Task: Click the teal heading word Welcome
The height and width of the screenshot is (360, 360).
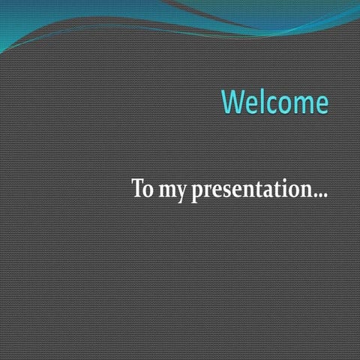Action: pos(275,102)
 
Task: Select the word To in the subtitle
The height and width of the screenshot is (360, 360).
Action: pos(142,188)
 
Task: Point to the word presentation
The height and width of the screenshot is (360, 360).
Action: pos(250,190)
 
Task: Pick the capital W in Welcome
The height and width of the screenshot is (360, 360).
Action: pos(235,102)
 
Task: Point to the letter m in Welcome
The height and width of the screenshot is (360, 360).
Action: pos(302,104)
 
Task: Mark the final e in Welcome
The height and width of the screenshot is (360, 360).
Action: pos(320,104)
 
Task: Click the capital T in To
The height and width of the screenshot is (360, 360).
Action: pos(139,187)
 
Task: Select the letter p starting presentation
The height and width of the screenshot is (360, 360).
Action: pos(197,192)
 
